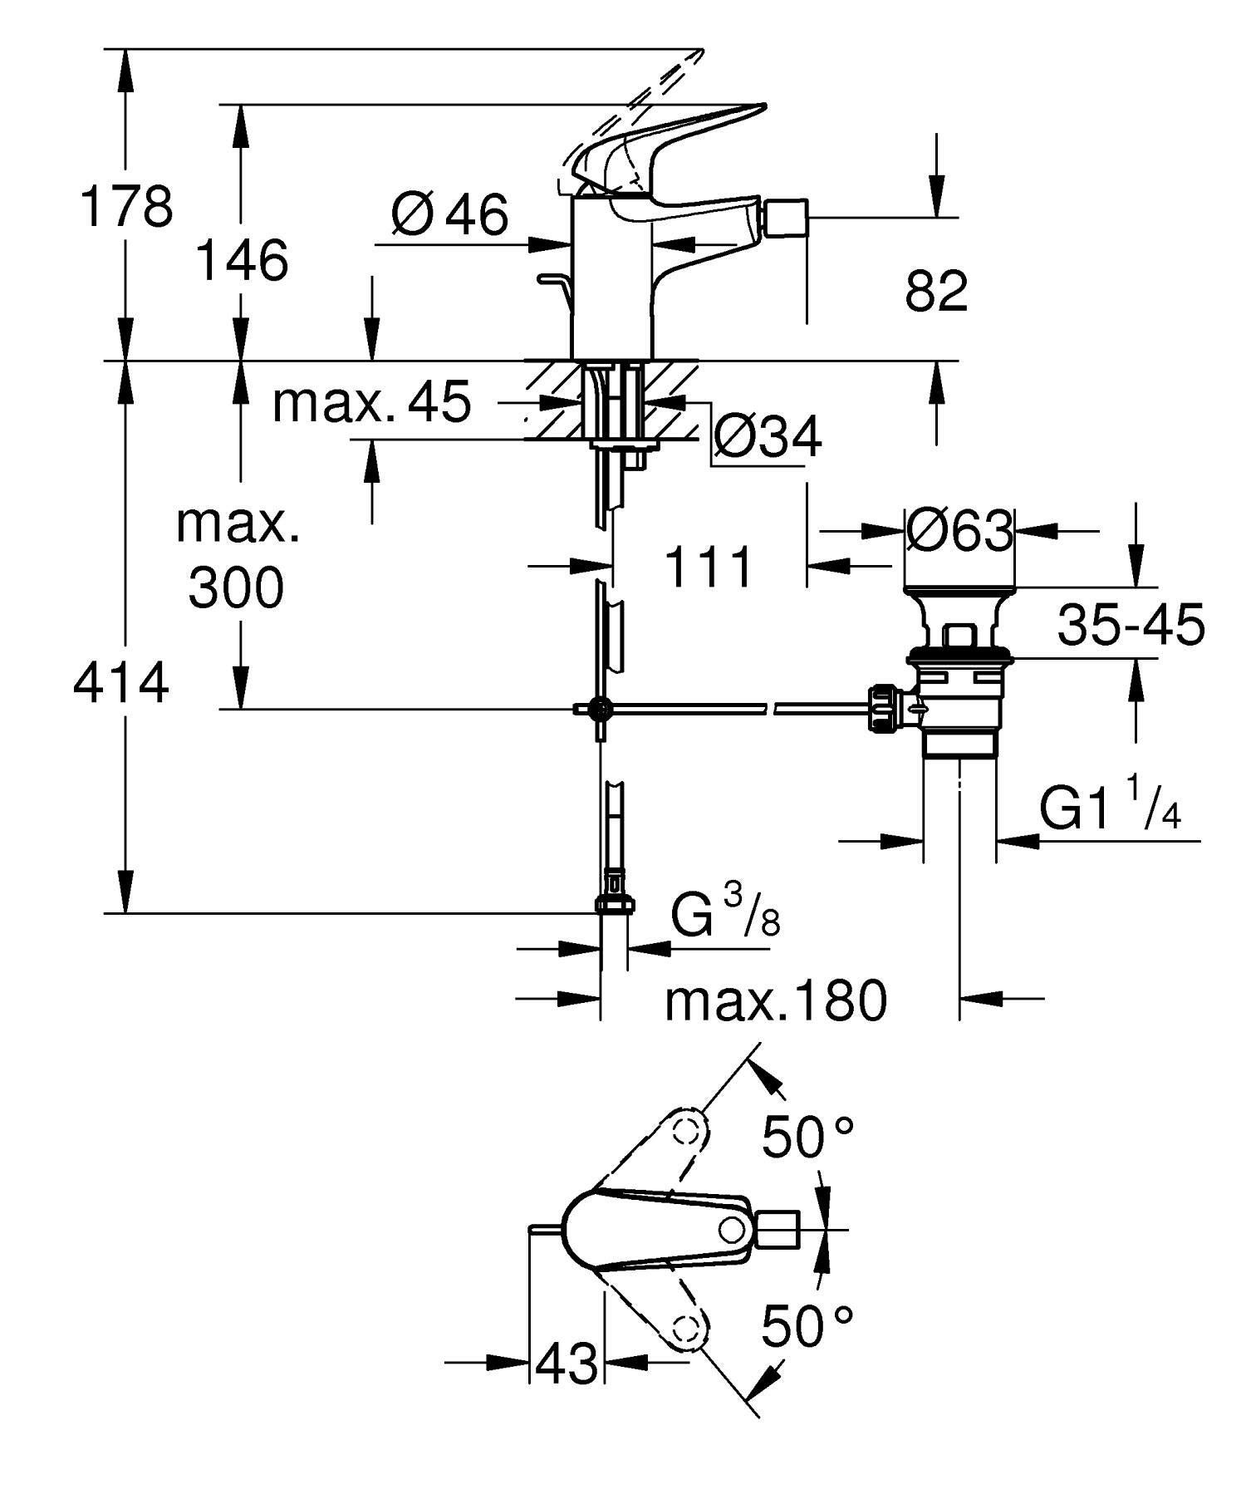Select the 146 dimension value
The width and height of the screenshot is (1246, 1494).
[x=241, y=260]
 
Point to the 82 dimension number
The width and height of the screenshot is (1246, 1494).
[x=936, y=292]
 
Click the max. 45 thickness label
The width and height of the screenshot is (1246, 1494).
[x=372, y=402]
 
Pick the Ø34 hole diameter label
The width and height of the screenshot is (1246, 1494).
[x=768, y=436]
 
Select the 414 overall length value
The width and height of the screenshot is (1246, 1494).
[x=121, y=683]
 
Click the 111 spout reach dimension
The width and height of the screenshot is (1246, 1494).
[x=709, y=568]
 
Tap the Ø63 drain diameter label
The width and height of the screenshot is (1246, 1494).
[x=959, y=529]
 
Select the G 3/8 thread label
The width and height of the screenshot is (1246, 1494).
[x=724, y=914]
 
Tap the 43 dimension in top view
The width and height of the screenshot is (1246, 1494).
[x=567, y=1364]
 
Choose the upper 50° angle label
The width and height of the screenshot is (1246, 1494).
[x=807, y=1138]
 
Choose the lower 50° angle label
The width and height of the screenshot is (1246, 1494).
[x=807, y=1327]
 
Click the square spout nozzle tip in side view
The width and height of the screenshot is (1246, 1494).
[x=785, y=219]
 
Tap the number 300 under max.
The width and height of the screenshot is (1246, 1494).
[x=236, y=587]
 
